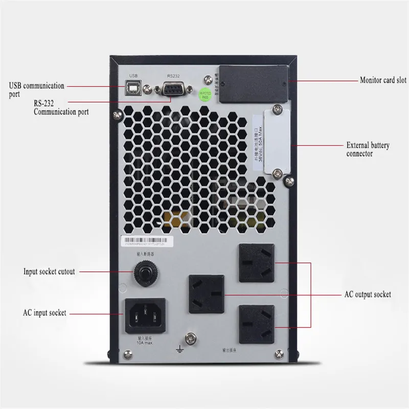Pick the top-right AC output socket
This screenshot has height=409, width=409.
[x=255, y=262]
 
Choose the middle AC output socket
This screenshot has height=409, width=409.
[x=207, y=294]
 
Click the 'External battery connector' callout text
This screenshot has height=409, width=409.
[x=368, y=149]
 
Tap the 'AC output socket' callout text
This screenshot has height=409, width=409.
[x=367, y=294]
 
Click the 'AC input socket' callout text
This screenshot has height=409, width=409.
[x=44, y=313]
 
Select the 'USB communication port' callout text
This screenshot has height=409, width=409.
[x=36, y=89]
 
